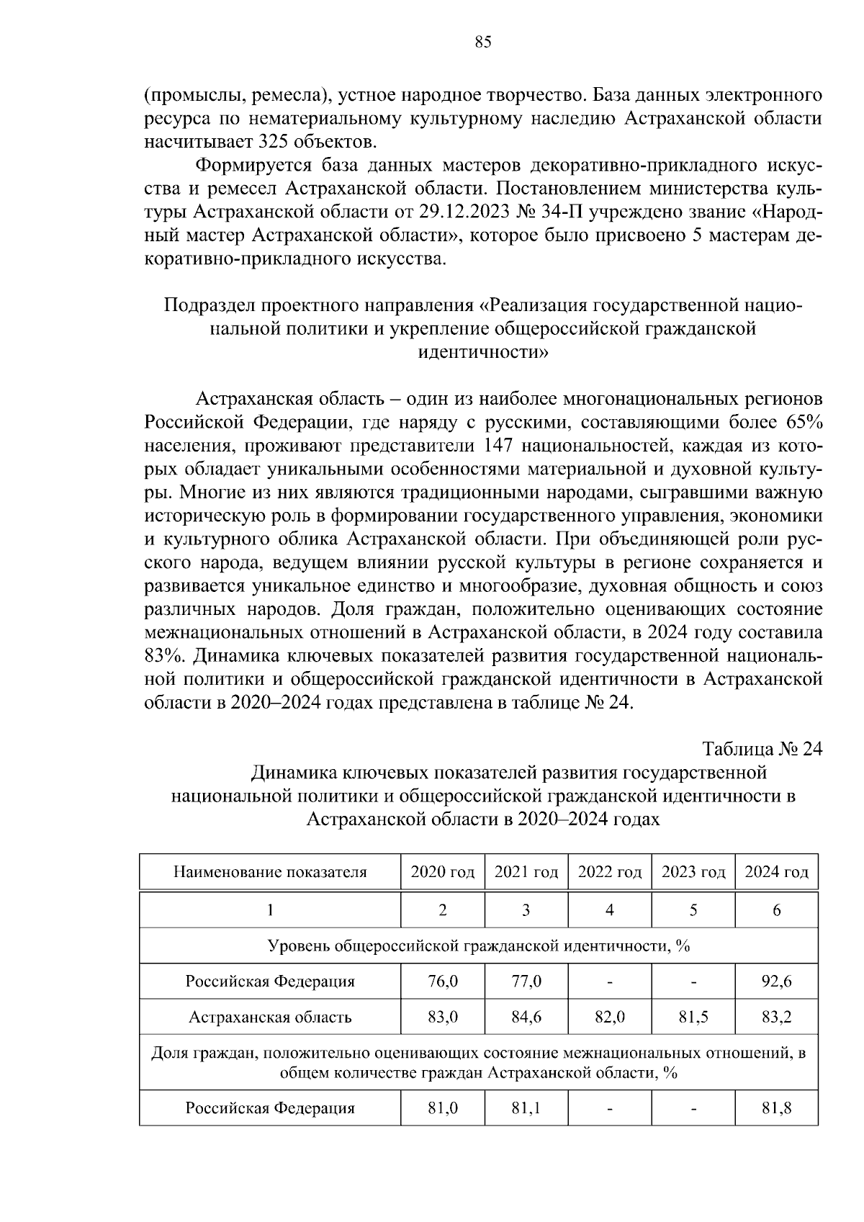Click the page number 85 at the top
483,42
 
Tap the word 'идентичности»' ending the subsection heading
483,352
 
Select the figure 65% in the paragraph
804,421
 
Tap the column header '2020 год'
442,873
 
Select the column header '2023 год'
693,873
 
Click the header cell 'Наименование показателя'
270,873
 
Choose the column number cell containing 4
609,910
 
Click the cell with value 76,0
442,981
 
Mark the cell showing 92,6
776,981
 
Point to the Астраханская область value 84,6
526,1017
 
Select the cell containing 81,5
693,1017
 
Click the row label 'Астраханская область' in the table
270,1017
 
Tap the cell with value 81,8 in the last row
776,1108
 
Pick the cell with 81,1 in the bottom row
526,1108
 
